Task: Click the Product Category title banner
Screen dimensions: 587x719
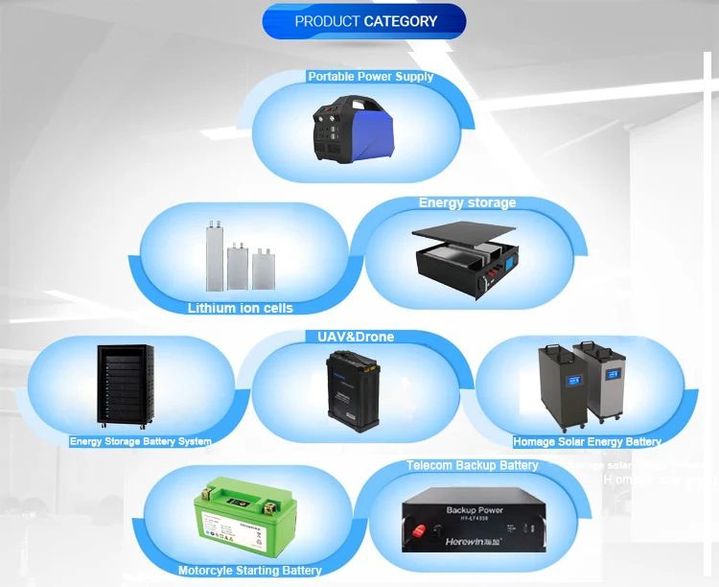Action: coord(364,21)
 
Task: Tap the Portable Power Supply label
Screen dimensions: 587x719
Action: coord(370,77)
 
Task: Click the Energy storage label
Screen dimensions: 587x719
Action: coord(467,203)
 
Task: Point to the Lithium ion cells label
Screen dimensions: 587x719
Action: coord(241,308)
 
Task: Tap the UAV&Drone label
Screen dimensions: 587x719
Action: coord(356,337)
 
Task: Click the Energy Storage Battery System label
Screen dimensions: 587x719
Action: coord(140,441)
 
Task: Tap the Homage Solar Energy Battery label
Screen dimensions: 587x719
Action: coord(587,442)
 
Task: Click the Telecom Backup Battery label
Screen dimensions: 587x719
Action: coord(472,465)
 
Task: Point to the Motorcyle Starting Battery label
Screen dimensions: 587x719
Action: coord(249,571)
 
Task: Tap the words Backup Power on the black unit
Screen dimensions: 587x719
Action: coord(475,510)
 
